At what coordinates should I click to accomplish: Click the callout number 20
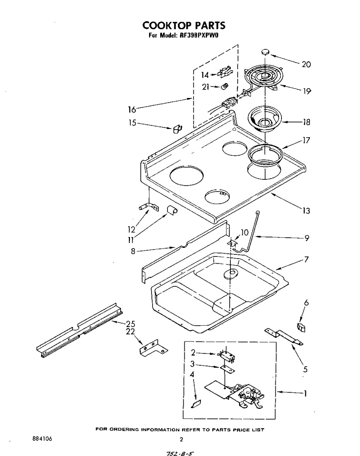pyautogui.click(x=306, y=64)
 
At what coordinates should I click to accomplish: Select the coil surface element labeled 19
pyautogui.click(x=264, y=79)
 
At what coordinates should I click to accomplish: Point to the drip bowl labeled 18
pyautogui.click(x=265, y=119)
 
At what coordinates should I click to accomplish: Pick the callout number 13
pyautogui.click(x=306, y=210)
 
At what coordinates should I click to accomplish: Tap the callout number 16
pyautogui.click(x=132, y=109)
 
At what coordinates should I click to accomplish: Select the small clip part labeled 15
pyautogui.click(x=177, y=129)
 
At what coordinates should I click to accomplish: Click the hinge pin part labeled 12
pyautogui.click(x=149, y=207)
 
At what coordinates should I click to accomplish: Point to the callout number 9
pyautogui.click(x=307, y=238)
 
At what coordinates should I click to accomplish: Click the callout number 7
pyautogui.click(x=306, y=259)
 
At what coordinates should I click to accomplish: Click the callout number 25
pyautogui.click(x=130, y=324)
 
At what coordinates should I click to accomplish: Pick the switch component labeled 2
pyautogui.click(x=227, y=356)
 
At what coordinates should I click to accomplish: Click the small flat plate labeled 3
pyautogui.click(x=227, y=370)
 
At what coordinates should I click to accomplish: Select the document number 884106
pyautogui.click(x=42, y=439)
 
